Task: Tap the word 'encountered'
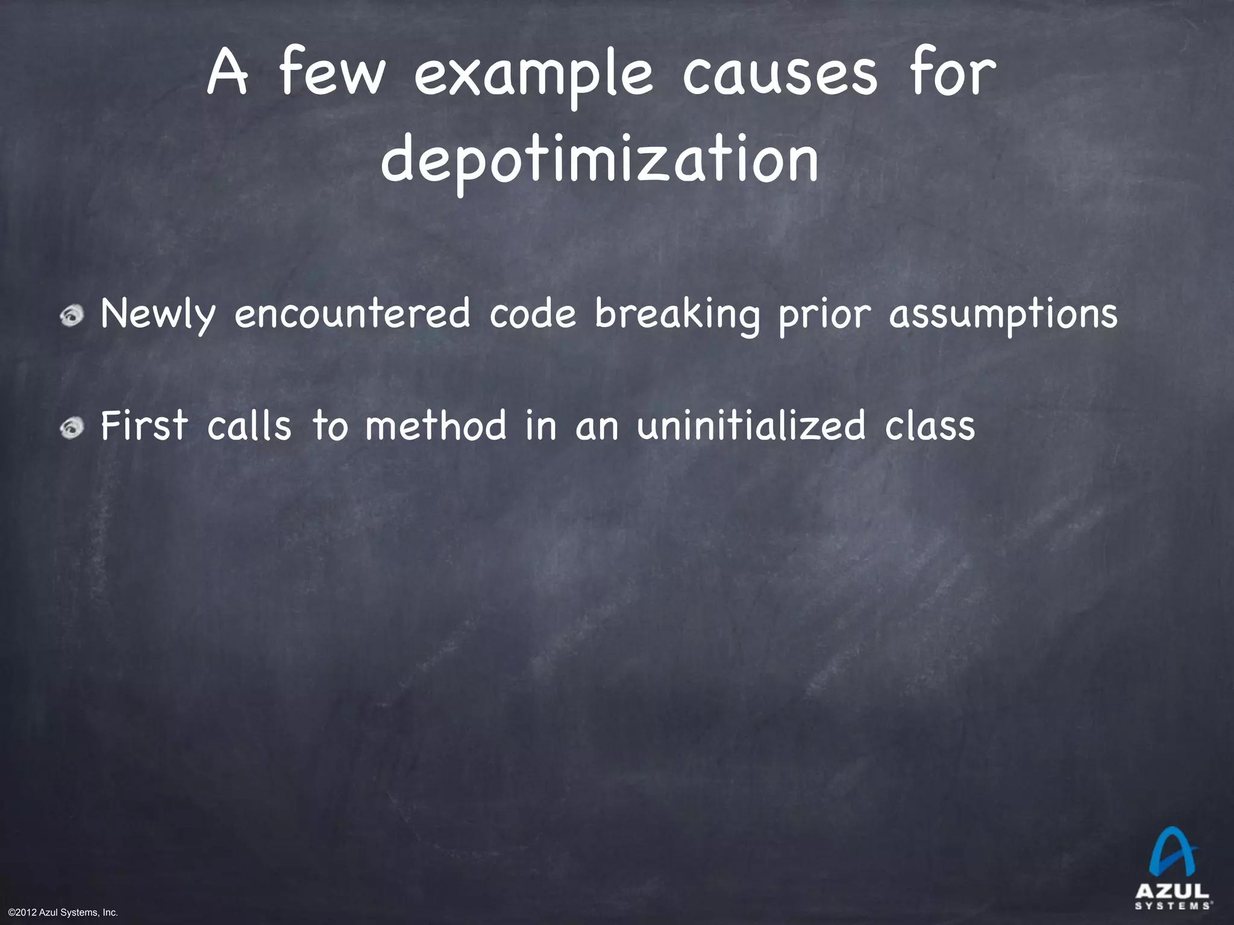(x=352, y=314)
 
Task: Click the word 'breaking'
(x=677, y=315)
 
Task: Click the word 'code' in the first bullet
(x=533, y=314)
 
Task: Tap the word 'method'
(x=436, y=425)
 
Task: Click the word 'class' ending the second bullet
(x=930, y=426)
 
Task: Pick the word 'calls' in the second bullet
(x=249, y=425)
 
